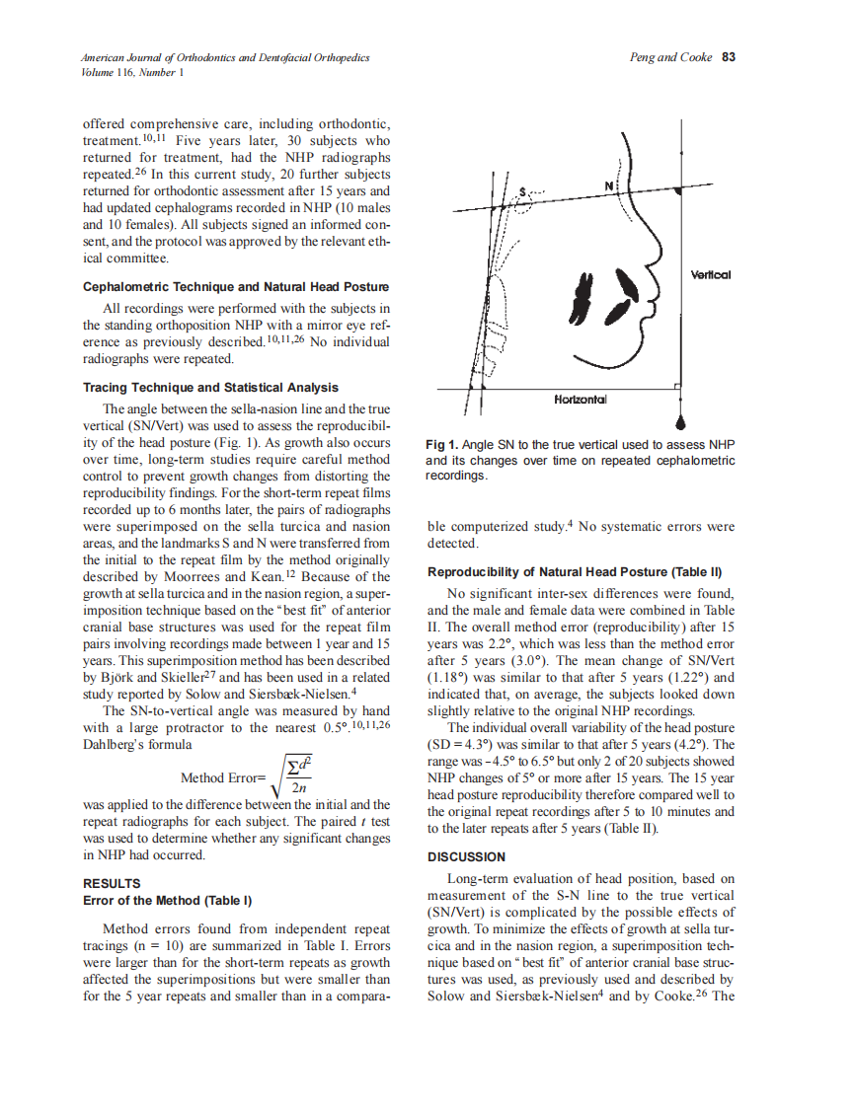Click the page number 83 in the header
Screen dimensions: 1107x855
point(729,57)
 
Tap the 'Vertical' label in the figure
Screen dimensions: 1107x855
point(710,275)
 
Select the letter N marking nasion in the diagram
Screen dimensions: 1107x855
point(609,186)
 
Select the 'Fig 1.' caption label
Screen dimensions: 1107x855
point(441,446)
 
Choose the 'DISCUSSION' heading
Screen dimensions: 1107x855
point(466,857)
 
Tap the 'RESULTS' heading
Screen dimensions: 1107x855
point(112,883)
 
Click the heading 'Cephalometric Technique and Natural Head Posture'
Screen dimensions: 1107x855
point(236,287)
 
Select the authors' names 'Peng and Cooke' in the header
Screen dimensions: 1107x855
point(670,57)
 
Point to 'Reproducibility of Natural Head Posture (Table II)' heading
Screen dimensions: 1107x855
point(575,572)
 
